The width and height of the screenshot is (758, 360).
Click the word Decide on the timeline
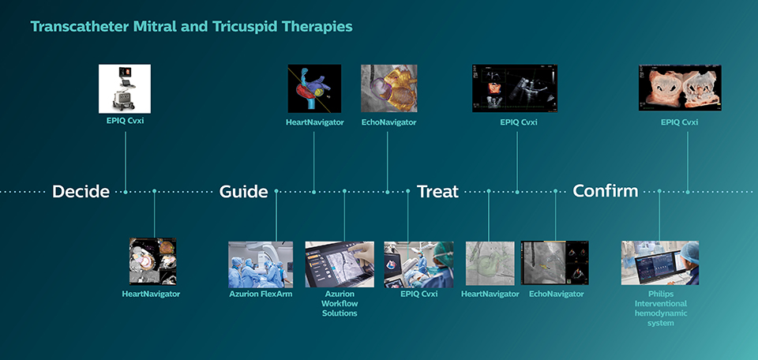coord(81,191)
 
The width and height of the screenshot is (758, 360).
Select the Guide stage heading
coord(243,191)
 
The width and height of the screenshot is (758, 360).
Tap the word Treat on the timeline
coord(437,191)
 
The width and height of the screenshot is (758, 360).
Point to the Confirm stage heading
coord(605,191)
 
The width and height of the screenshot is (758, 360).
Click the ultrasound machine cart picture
coord(125,88)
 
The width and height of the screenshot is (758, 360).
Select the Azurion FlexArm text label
coord(261,294)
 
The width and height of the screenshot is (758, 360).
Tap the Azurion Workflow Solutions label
coord(340,303)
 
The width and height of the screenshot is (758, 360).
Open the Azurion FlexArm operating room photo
coord(261,264)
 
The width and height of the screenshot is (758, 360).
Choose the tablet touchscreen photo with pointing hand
coord(340,264)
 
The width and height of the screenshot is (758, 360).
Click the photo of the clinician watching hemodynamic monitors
coord(659,263)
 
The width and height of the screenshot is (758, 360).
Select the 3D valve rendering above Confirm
coord(679,88)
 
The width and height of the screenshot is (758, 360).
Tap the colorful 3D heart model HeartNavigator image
coord(314,88)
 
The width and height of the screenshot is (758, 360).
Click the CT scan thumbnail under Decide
coord(153,261)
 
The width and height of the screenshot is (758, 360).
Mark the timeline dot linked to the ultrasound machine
coord(125,191)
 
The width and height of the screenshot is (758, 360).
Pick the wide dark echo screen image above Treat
coord(517,88)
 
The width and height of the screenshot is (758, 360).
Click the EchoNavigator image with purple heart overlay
coord(388,88)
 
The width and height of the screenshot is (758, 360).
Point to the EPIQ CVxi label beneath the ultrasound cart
coord(125,122)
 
